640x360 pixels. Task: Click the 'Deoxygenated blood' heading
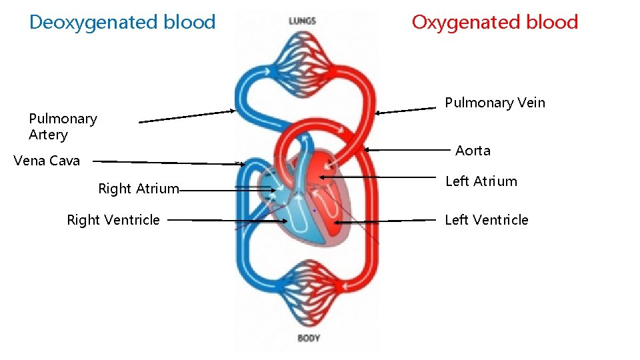(122, 22)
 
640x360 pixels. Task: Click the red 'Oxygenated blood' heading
(495, 22)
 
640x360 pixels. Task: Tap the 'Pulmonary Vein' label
(495, 103)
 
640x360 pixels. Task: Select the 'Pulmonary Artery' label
(63, 127)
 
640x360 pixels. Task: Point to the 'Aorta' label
(473, 151)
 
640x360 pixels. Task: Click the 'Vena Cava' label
(47, 161)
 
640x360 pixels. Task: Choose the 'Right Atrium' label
(138, 189)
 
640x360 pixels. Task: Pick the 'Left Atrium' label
(481, 181)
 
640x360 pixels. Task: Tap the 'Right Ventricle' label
(113, 220)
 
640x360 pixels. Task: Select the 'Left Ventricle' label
(486, 220)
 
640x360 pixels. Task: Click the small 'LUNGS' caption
(302, 21)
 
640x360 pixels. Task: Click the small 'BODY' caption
(309, 338)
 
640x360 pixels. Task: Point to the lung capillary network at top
(302, 57)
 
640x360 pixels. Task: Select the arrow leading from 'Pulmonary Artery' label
(187, 117)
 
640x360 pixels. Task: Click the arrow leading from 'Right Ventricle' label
(227, 220)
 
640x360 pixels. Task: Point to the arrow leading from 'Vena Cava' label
(167, 162)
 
